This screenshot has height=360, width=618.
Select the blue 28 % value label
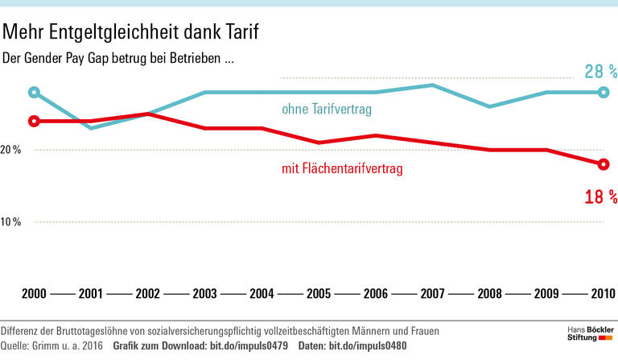pyautogui.click(x=600, y=72)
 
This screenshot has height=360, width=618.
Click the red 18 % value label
pyautogui.click(x=600, y=196)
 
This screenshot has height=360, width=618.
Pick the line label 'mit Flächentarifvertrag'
pyautogui.click(x=341, y=169)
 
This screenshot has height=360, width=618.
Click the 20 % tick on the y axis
pyautogui.click(x=11, y=151)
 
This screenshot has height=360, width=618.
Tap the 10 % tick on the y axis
pyautogui.click(x=11, y=221)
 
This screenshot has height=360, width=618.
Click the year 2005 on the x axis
pyautogui.click(x=318, y=294)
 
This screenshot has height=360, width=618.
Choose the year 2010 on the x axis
pyautogui.click(x=601, y=294)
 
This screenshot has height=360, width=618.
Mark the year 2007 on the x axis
pyautogui.click(x=432, y=294)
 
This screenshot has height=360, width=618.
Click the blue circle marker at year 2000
pyautogui.click(x=34, y=92)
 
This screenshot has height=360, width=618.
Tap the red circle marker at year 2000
pyautogui.click(x=34, y=121)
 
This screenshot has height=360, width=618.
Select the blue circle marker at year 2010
pyautogui.click(x=603, y=92)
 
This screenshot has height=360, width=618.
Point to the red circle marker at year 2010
pyautogui.click(x=603, y=164)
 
